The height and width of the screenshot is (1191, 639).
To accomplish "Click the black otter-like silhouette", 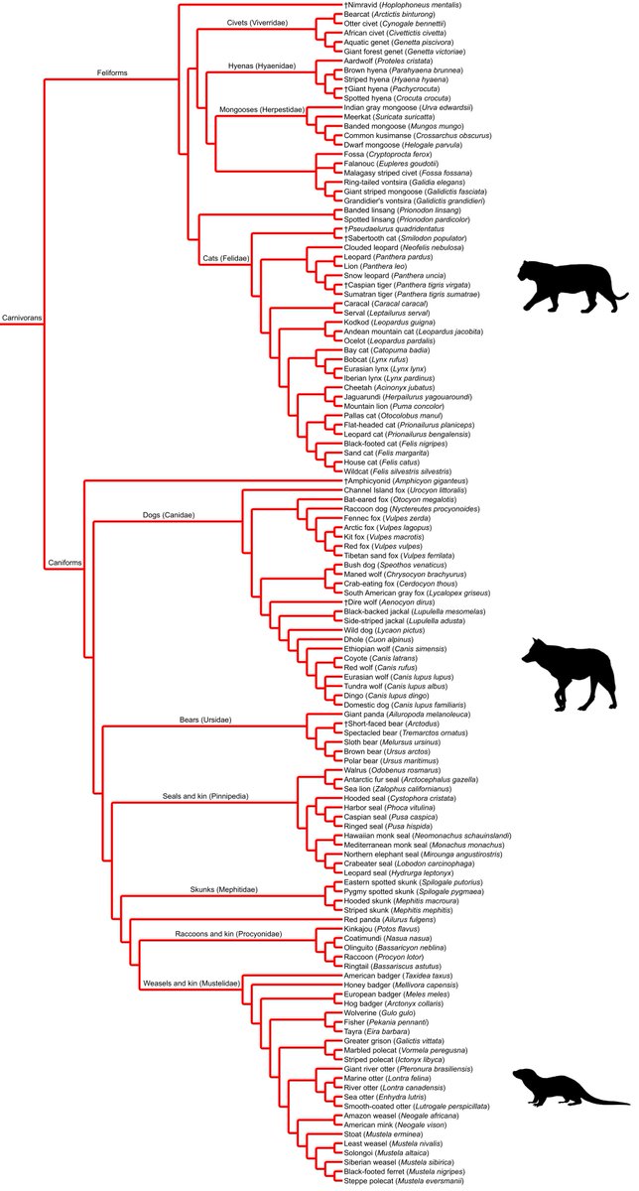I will coord(566,1089).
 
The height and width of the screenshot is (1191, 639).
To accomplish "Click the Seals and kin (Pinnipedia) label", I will coord(205,796).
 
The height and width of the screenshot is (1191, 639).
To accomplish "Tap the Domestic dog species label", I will coord(406,705).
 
